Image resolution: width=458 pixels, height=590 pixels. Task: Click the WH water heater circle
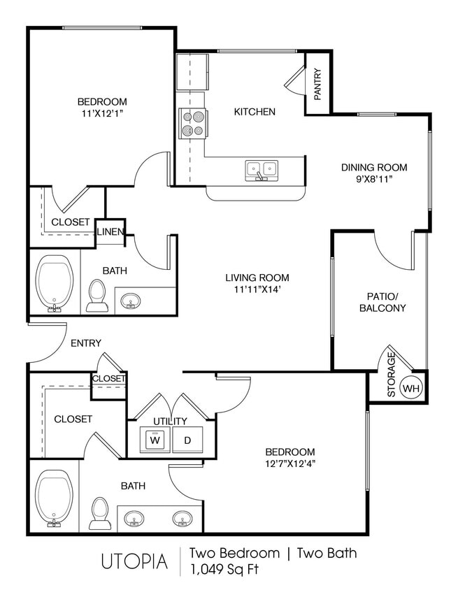click(x=412, y=387)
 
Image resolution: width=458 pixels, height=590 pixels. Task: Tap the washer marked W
click(x=155, y=440)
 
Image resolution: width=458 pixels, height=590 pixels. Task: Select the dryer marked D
click(x=187, y=440)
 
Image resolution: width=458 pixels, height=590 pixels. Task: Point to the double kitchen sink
click(x=262, y=168)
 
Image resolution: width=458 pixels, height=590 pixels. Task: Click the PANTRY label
click(x=318, y=85)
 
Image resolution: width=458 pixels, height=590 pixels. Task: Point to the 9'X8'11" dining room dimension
click(x=373, y=179)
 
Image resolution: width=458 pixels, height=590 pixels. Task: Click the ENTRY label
click(x=86, y=343)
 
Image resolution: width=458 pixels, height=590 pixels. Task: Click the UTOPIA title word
click(x=134, y=561)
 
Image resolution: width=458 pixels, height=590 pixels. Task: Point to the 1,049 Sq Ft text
click(x=224, y=569)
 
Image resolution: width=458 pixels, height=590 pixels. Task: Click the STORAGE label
click(x=391, y=375)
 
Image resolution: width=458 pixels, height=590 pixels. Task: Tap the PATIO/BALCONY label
click(x=382, y=301)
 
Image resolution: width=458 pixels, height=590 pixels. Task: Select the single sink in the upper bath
click(x=130, y=302)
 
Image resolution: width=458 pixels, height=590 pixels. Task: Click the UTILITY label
click(x=170, y=421)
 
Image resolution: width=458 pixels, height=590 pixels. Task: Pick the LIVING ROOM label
click(x=252, y=277)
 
